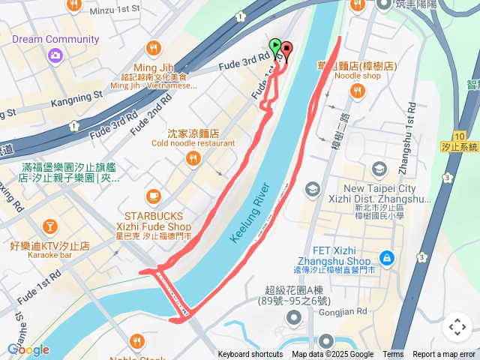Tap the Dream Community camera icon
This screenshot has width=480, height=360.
tap(55, 55)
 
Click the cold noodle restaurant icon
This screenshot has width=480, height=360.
tap(193, 158)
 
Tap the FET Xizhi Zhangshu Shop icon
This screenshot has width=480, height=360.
tap(386, 259)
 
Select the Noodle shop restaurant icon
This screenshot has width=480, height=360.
tap(358, 91)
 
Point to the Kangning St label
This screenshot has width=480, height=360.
tap(76, 97)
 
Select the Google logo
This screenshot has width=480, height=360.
tap(28, 349)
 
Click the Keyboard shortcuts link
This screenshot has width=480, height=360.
tap(250, 355)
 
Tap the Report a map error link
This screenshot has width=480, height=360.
tap(443, 355)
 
